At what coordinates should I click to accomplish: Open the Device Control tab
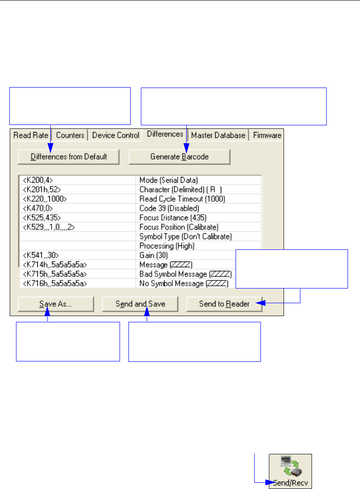(x=116, y=135)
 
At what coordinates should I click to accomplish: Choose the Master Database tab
(x=218, y=135)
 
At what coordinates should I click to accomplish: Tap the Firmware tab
(x=267, y=135)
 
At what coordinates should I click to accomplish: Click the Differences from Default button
(x=69, y=156)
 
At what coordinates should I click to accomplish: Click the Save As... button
(x=56, y=304)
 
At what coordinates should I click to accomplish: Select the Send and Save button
(x=140, y=304)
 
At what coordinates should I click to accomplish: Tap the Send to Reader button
(x=224, y=304)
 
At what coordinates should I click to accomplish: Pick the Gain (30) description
(x=153, y=255)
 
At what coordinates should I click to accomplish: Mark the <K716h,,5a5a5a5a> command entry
(x=55, y=283)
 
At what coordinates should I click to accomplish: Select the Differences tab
(x=165, y=134)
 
